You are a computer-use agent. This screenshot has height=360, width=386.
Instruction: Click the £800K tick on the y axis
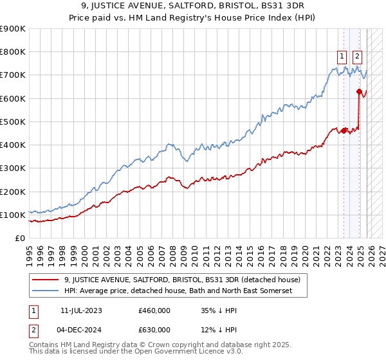coord(13,52)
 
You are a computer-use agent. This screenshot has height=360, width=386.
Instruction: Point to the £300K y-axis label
coord(13,168)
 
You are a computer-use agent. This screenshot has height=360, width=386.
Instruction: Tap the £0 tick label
coord(20,239)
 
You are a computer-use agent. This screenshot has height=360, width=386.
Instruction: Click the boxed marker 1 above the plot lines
coord(341,56)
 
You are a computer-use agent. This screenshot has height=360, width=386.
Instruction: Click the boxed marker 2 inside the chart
coord(357,56)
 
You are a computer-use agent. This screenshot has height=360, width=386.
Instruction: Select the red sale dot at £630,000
coord(358,92)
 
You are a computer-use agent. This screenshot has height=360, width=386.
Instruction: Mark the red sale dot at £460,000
coord(344,131)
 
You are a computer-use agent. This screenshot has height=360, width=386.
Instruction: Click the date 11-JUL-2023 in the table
coord(81,310)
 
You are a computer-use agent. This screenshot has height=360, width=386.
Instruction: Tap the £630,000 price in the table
coord(154,330)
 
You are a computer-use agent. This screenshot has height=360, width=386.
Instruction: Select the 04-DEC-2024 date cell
coord(81,330)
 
